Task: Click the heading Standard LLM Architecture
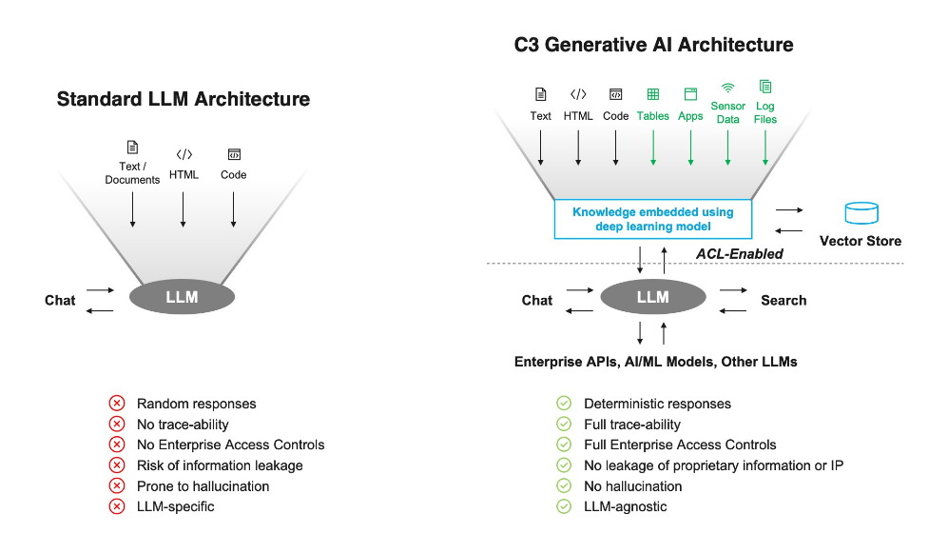click(x=183, y=99)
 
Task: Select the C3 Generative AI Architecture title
click(x=653, y=45)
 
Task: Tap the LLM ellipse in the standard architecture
click(x=182, y=297)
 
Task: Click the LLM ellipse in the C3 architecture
click(x=653, y=297)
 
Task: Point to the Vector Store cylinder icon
click(x=861, y=213)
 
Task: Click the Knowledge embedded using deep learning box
click(x=652, y=220)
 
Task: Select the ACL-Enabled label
click(x=739, y=253)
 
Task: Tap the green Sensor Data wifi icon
click(x=728, y=87)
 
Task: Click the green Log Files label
click(x=765, y=112)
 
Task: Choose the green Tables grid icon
click(x=653, y=94)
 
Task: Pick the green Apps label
click(x=690, y=116)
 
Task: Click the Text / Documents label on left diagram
click(x=132, y=173)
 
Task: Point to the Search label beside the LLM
click(x=784, y=300)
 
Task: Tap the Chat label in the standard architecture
click(x=60, y=300)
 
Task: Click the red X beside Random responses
click(x=117, y=404)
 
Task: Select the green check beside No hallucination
click(x=564, y=486)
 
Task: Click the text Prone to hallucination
click(x=203, y=486)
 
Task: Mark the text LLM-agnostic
click(x=625, y=506)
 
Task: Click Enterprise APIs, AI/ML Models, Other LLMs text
click(x=655, y=362)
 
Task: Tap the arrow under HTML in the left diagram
click(x=184, y=207)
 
